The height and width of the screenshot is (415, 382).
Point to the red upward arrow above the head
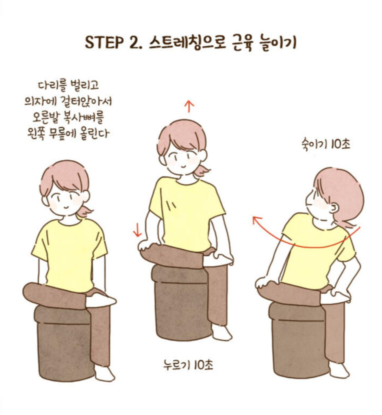(x=189, y=107)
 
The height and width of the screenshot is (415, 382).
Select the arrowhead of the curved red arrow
(x=256, y=220)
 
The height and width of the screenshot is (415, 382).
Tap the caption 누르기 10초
(x=188, y=365)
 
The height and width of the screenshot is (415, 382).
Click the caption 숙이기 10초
(x=326, y=144)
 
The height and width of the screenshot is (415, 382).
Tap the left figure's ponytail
(x=85, y=211)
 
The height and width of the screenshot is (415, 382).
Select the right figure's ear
(x=334, y=208)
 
